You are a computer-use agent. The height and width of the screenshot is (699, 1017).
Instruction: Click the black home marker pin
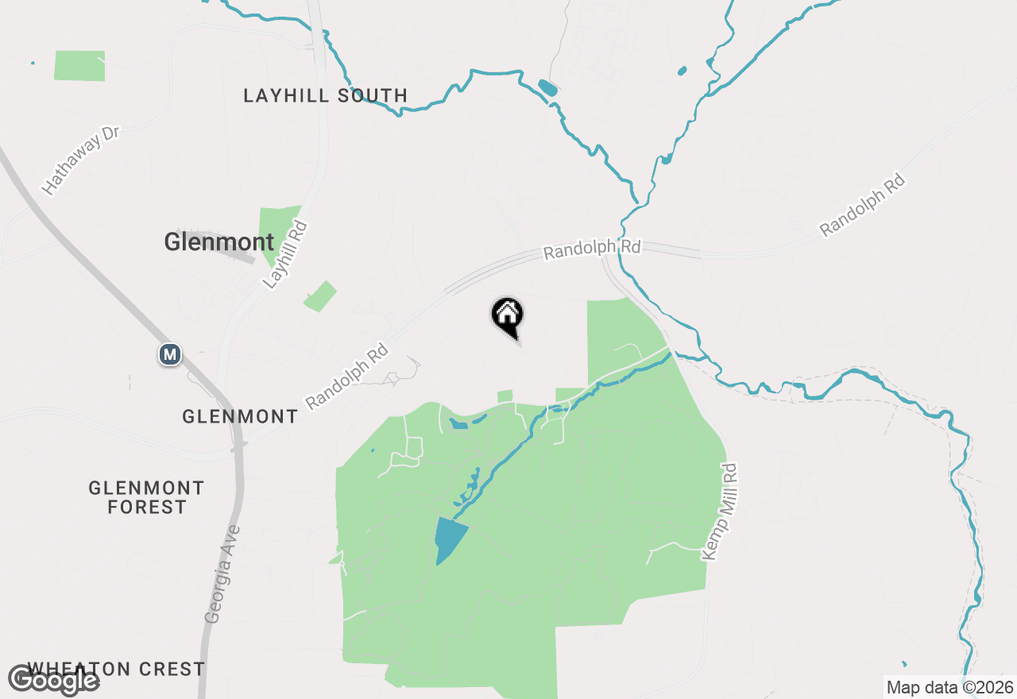[x=507, y=315]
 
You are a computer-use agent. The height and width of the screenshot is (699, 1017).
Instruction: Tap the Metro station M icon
[x=169, y=353]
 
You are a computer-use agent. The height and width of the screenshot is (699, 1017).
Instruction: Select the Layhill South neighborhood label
[x=325, y=96]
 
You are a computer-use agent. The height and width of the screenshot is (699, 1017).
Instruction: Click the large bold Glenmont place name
[x=218, y=242]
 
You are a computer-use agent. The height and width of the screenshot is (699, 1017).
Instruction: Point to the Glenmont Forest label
[x=147, y=497]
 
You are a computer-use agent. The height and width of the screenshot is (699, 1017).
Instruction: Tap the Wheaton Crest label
[x=117, y=669]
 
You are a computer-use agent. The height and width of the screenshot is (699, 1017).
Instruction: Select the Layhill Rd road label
[x=284, y=254]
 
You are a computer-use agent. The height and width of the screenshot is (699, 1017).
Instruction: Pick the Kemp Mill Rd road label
[x=721, y=512]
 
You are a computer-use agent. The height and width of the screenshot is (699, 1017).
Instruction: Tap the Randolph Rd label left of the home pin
[x=347, y=376]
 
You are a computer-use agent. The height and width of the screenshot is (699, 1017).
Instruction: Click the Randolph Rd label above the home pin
[x=592, y=249]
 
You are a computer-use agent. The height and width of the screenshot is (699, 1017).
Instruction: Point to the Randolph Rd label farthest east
[x=863, y=205]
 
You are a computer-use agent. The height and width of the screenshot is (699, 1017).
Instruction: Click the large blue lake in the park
[x=449, y=539]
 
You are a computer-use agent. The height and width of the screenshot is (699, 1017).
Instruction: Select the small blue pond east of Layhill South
[x=547, y=87]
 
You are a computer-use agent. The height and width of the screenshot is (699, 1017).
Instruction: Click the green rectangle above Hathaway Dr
[x=79, y=65]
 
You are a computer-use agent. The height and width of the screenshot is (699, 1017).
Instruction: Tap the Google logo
[x=53, y=680]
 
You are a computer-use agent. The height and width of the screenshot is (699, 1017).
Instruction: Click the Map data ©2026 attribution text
[x=949, y=687]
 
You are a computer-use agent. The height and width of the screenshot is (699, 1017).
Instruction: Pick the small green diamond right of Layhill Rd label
[x=320, y=296]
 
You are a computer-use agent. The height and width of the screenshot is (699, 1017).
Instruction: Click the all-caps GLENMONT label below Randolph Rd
[x=240, y=416]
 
